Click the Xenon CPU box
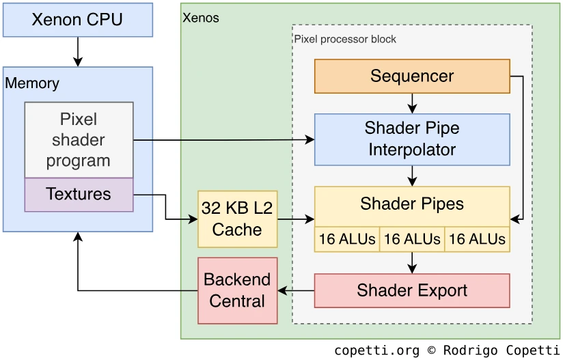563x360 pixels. pos(78,20)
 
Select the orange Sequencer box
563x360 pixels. pos(412,76)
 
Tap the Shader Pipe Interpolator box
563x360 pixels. pos(412,139)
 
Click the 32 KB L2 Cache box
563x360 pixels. pos(237,219)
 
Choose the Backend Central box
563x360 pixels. pos(237,290)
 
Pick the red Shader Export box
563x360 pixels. pos(412,290)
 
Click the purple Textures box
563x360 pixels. pos(79,195)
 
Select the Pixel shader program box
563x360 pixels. pos(79,140)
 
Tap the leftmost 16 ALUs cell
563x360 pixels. pos(347,239)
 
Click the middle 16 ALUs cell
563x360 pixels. pos(412,239)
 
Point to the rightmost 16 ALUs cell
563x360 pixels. pos(477,239)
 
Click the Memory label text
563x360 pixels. pos(32,83)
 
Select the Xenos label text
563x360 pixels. pos(201,18)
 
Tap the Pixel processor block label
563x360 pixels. pos(345,39)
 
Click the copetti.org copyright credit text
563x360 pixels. pos(447,350)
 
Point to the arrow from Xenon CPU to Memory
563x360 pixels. pos(78,51)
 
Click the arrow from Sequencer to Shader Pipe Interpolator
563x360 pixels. pos(412,103)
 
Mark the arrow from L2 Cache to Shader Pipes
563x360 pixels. pos(295,219)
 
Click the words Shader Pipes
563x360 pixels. pos(412,204)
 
